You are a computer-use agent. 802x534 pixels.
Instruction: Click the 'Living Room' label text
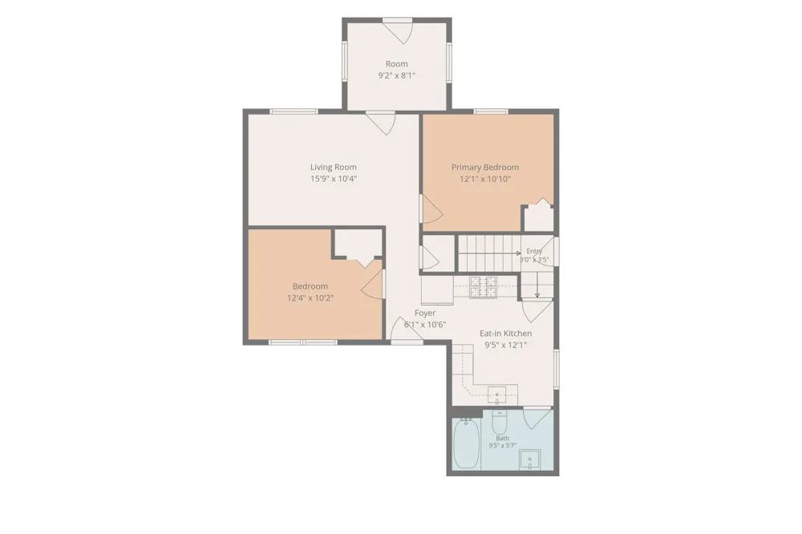[x=334, y=167]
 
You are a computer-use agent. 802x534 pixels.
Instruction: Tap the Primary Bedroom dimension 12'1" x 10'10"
[x=485, y=179]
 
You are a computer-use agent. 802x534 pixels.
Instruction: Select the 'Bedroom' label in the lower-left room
[x=310, y=286]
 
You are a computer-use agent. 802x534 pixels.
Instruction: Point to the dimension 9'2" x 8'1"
[x=396, y=75]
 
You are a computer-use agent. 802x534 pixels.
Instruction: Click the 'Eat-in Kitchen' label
[x=505, y=334]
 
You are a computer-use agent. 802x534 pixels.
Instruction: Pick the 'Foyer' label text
[x=425, y=313]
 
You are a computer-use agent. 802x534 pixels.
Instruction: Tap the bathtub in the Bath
[x=466, y=443]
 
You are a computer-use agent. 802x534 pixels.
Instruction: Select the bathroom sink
[x=530, y=459]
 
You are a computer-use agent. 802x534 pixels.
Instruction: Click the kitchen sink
[x=496, y=394]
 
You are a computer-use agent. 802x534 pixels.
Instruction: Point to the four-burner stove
[x=484, y=286]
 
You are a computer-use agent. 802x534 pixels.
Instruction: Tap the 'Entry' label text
[x=534, y=251]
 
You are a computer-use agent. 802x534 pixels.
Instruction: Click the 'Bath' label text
[x=502, y=439]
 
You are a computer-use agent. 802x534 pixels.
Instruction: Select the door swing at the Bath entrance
[x=537, y=418]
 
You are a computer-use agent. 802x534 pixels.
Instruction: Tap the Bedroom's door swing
[x=372, y=285]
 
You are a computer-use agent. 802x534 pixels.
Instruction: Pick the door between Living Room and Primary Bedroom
[x=431, y=209]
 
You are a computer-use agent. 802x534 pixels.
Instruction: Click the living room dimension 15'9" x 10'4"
[x=334, y=179]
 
